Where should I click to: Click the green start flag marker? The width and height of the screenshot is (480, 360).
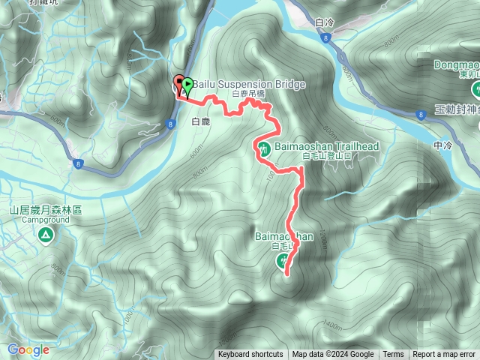[x=187, y=85]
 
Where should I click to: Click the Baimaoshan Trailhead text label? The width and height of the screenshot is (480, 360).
[x=326, y=146]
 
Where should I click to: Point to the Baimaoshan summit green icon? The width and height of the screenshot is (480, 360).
[x=283, y=261]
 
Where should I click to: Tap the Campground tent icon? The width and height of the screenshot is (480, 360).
[x=46, y=235]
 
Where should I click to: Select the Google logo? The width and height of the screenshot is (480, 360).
[x=28, y=349]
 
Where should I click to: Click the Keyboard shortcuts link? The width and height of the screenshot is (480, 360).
[x=250, y=355]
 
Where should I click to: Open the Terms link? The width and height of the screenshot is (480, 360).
[x=393, y=355]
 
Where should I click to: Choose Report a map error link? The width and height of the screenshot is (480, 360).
[x=444, y=355]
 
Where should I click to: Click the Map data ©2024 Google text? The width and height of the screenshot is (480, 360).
[x=333, y=355]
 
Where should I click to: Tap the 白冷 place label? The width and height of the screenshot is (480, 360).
[x=325, y=23]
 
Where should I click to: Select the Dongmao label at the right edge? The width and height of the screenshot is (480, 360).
[x=456, y=64]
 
